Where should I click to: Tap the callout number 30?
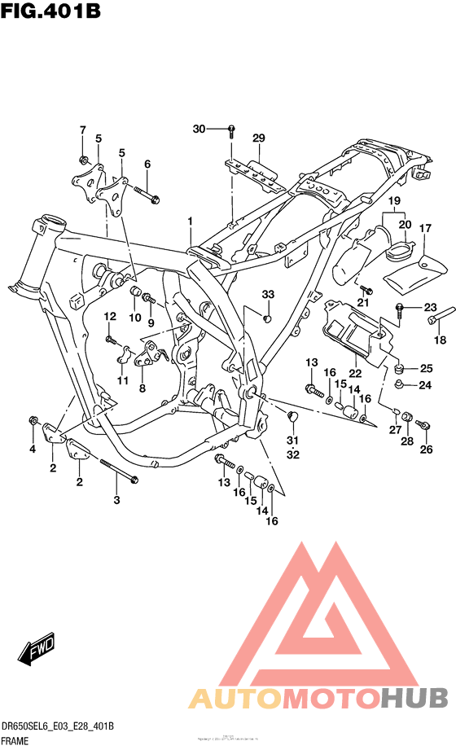tap(199, 129)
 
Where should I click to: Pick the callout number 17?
tap(424, 229)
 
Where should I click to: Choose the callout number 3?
tap(116, 499)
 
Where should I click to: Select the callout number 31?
tap(292, 441)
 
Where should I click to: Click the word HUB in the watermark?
tap(414, 699)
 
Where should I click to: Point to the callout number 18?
tap(441, 340)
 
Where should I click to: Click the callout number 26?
tap(424, 449)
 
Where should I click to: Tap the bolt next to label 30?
tap(231, 129)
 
